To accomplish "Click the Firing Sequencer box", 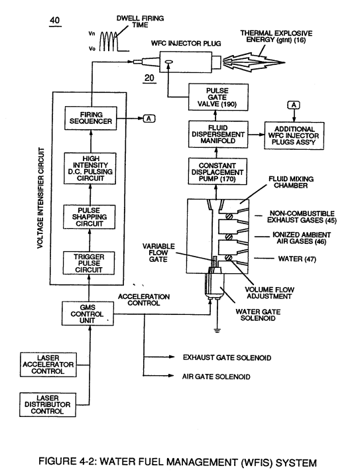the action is coord(91,118).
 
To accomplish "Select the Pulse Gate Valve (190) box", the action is coord(218,97).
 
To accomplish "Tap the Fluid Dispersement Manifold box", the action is coord(218,134).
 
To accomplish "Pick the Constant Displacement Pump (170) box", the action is coord(217,172).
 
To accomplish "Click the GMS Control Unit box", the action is coord(88,313).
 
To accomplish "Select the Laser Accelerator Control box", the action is coord(48,364).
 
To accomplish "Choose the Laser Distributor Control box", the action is coord(48,404).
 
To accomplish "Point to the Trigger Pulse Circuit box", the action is coord(89,263).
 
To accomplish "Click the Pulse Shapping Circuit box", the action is coord(89,217).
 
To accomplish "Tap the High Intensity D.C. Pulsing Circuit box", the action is coord(90,168).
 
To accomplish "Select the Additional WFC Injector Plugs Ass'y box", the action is coord(294,135).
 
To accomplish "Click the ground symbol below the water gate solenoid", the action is coord(217,330).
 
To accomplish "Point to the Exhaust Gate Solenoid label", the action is coord(227,357).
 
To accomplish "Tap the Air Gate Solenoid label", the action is coord(216,377).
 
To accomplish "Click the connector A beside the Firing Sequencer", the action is coord(149,119).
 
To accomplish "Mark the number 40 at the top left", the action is coord(55,21).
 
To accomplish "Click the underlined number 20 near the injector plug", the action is coord(149,78).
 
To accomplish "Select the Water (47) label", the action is coord(297,259).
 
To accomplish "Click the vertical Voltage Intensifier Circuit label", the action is coord(41,198).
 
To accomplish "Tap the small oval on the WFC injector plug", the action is coord(168,62).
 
